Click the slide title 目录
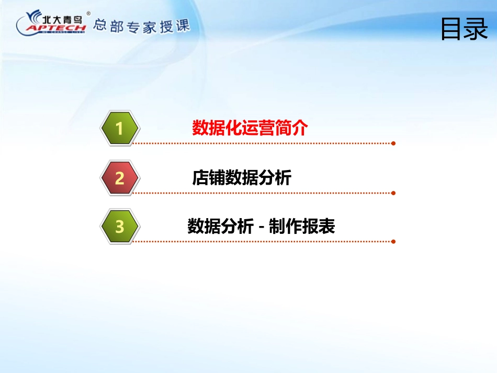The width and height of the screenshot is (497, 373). [464, 29]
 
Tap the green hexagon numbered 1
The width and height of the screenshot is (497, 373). [119, 128]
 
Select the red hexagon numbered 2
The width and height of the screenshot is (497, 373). [119, 178]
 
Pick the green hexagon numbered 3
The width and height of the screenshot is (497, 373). [119, 227]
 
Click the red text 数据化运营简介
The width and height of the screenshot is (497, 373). [250, 128]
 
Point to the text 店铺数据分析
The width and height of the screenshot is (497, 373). [242, 177]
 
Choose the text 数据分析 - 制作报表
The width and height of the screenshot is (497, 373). [261, 227]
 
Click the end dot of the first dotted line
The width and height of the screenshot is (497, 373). [393, 143]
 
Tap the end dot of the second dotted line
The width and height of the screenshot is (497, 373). [393, 193]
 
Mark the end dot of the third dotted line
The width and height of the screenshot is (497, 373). [393, 242]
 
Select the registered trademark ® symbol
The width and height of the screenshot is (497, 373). [88, 13]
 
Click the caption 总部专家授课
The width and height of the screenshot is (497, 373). [142, 26]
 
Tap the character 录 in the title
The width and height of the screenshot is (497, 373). [477, 29]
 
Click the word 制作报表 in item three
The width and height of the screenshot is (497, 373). [302, 227]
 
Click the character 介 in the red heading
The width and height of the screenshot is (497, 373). [300, 128]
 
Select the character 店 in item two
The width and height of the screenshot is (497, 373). [200, 177]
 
